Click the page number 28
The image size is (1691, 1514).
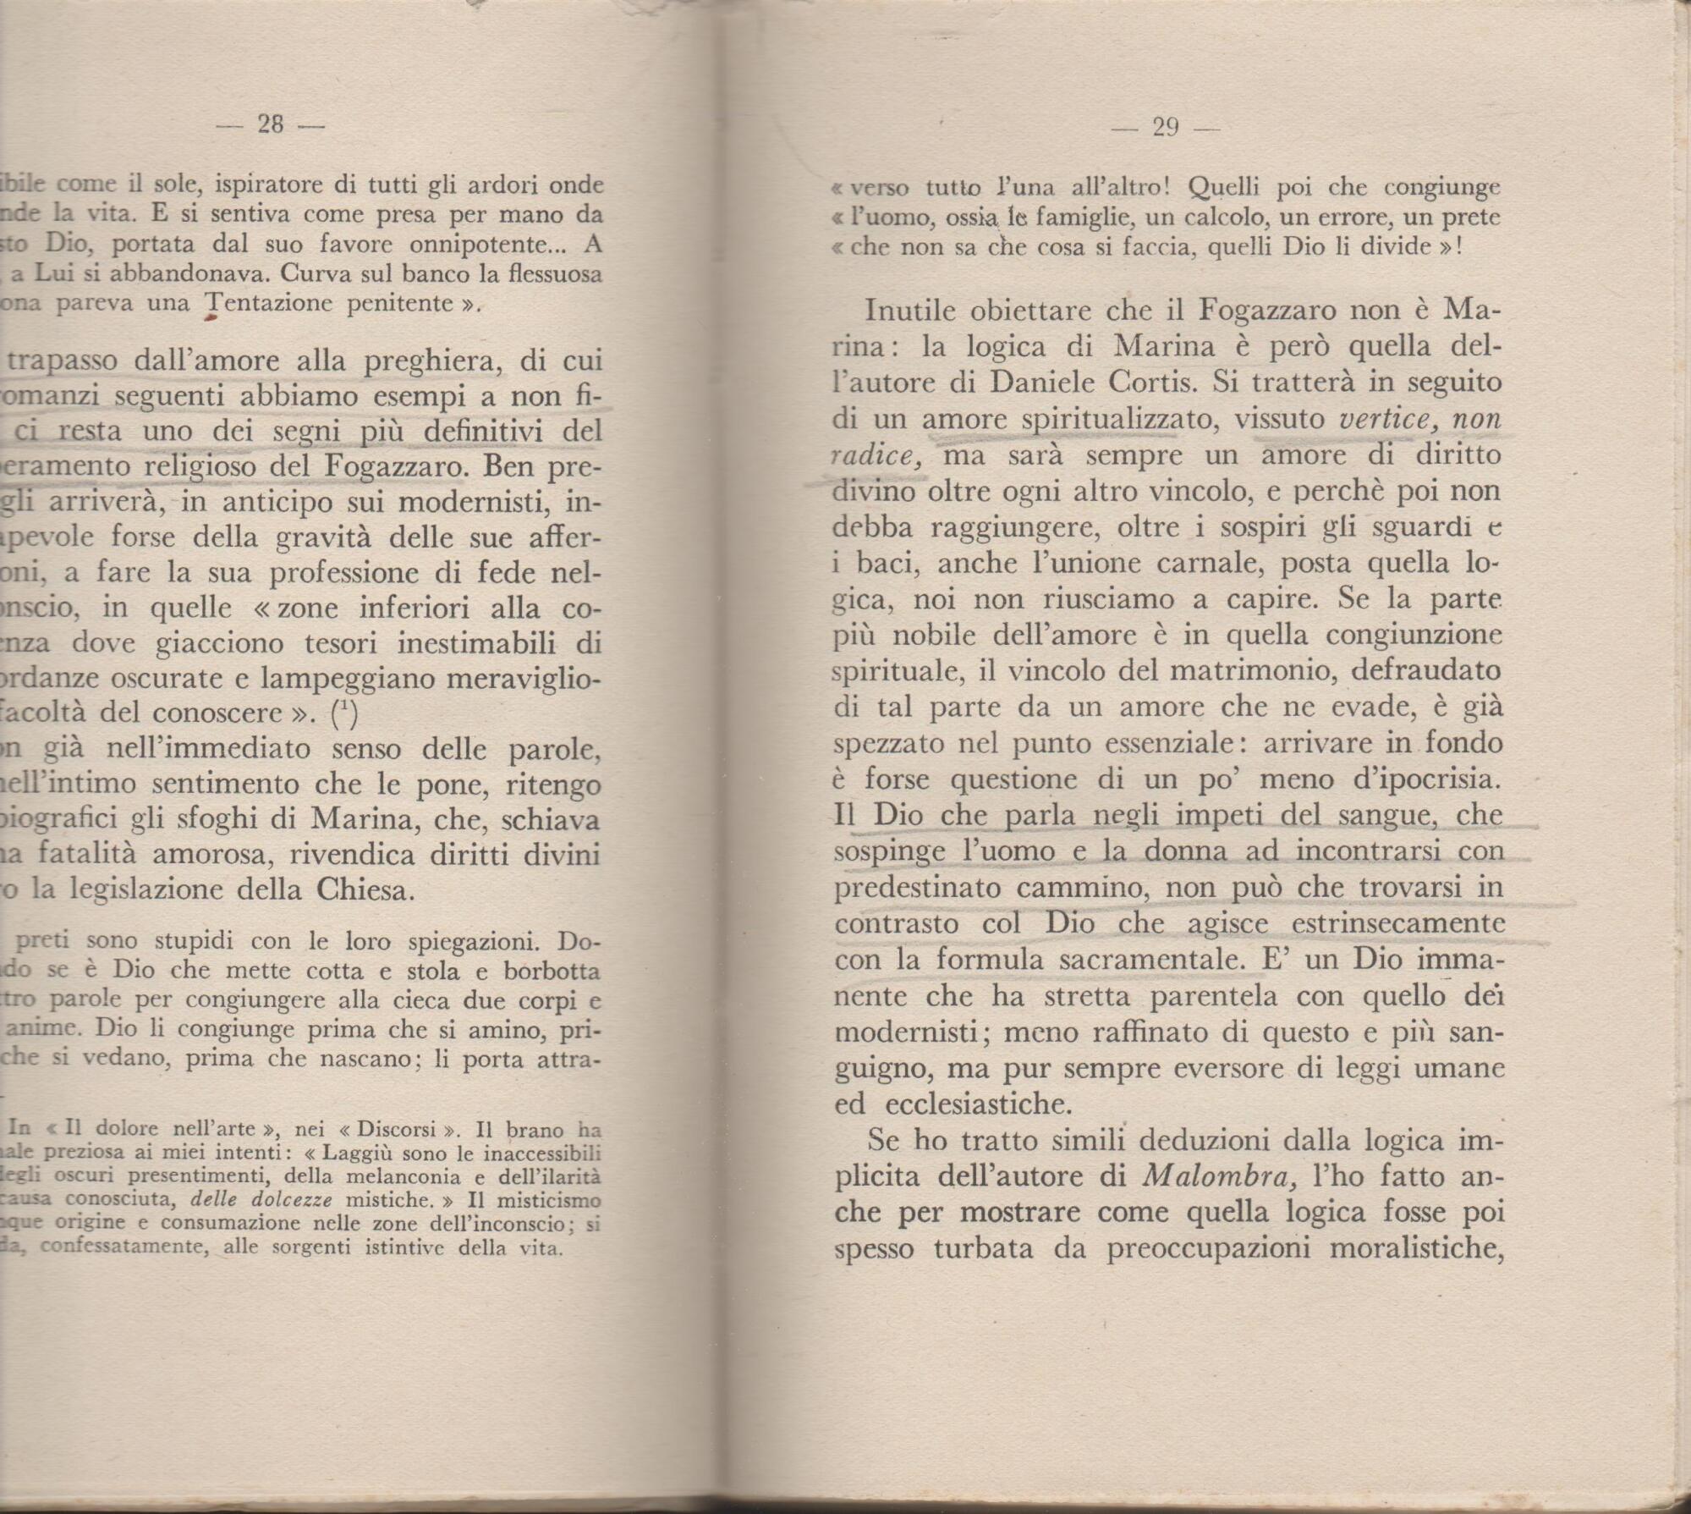tap(270, 124)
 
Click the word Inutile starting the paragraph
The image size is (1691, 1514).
tap(909, 310)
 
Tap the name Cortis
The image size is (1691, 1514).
tap(1156, 383)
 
